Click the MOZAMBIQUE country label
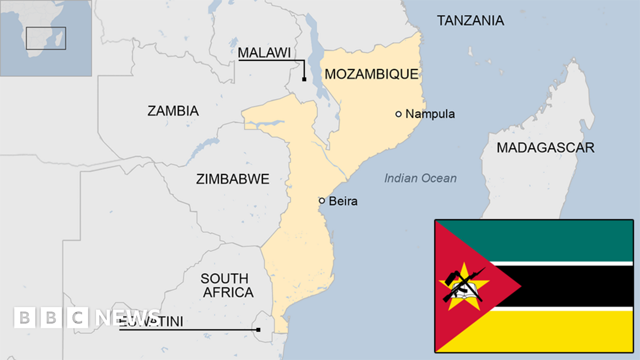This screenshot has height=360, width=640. point(371,74)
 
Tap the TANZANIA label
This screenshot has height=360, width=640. point(470,21)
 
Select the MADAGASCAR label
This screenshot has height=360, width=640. point(545,148)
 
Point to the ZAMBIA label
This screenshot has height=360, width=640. point(173,111)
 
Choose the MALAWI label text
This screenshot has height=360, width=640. point(264,53)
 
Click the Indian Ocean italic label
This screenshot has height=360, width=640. point(420,179)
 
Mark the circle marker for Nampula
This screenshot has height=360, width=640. point(398,114)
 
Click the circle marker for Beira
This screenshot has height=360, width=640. point(322,201)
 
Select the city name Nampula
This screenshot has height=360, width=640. point(430,114)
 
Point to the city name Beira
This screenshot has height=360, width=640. point(343,201)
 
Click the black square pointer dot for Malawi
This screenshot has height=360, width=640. point(304,79)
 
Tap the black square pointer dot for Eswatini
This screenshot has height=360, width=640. point(258,330)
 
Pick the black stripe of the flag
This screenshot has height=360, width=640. point(576,286)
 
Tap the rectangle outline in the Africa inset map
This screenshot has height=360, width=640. point(46,38)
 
